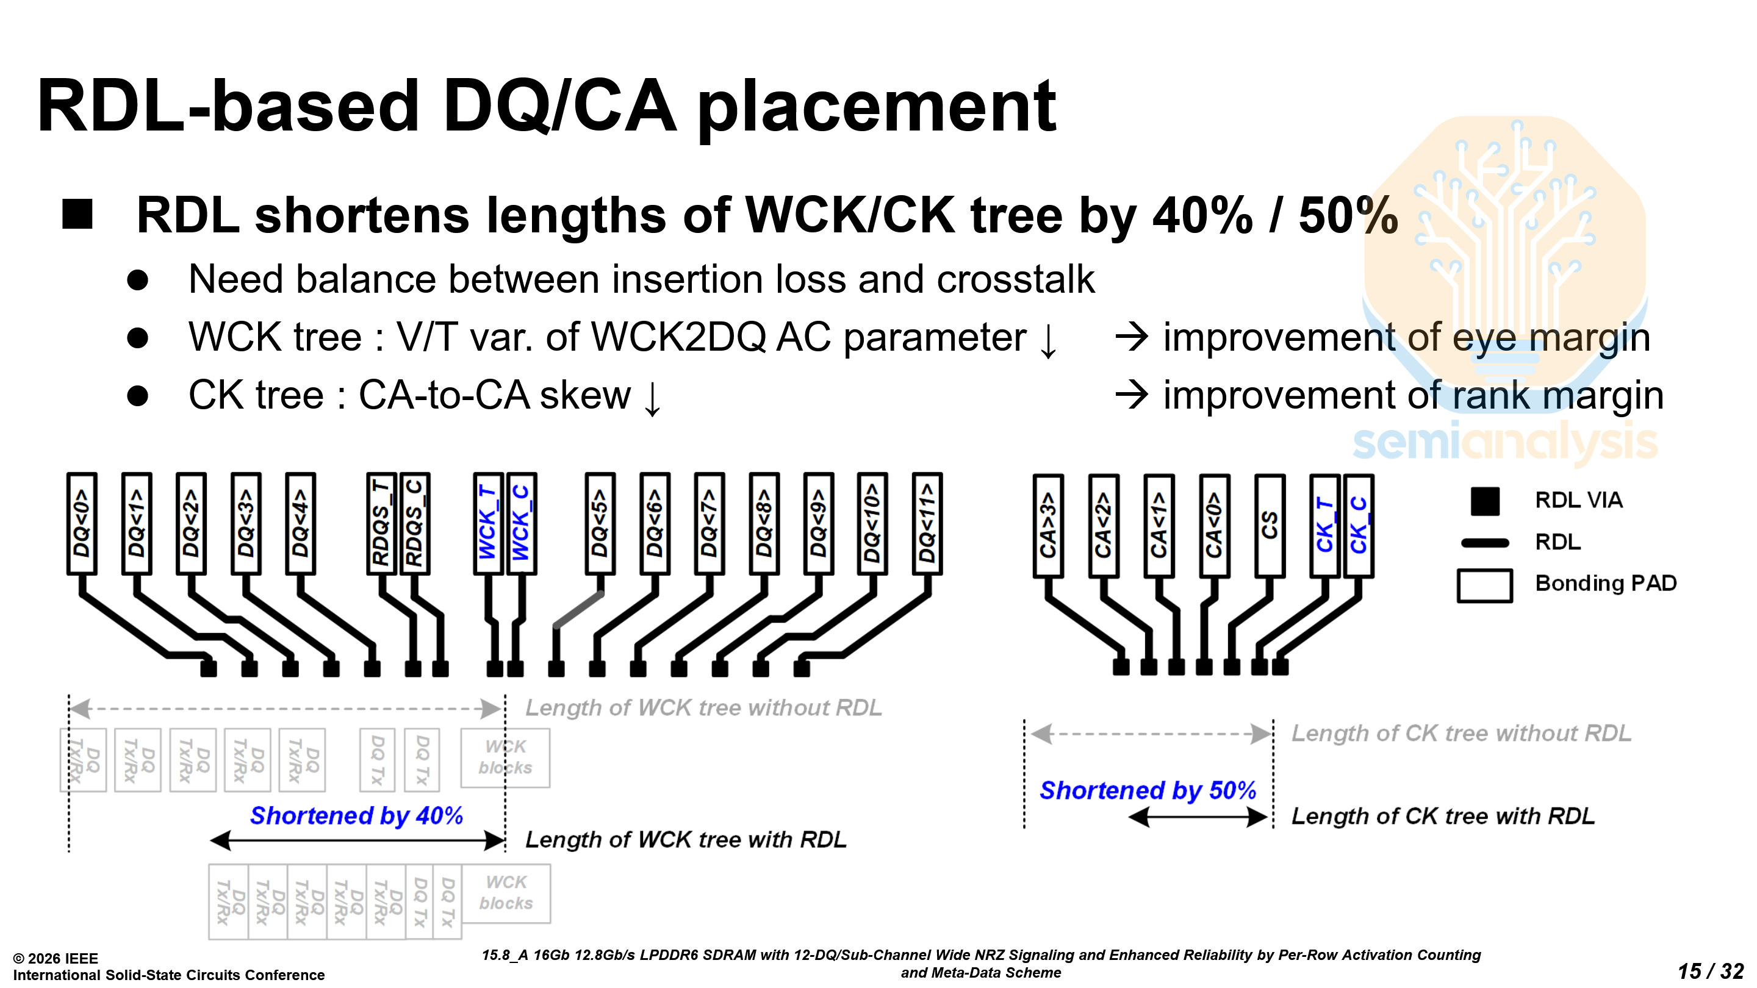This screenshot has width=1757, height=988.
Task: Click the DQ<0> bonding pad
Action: click(82, 524)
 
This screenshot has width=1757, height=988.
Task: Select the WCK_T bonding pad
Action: click(488, 524)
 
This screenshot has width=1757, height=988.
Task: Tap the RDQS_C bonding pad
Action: click(415, 524)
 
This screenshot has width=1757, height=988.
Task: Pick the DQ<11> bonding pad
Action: click(927, 524)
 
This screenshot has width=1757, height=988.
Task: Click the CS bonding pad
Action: click(1270, 526)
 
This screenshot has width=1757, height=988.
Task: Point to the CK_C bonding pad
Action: click(1359, 526)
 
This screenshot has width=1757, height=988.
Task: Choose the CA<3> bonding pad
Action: click(1048, 526)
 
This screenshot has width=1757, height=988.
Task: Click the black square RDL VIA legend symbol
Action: click(1485, 501)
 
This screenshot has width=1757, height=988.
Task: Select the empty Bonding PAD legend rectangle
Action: click(1484, 585)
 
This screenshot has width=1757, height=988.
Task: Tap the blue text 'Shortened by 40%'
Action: click(356, 815)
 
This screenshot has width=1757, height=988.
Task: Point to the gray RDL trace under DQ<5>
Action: click(578, 609)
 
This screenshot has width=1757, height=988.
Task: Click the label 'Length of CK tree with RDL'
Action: click(1443, 816)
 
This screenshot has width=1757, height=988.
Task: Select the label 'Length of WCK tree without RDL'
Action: click(703, 707)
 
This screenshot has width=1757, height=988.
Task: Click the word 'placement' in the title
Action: click(877, 108)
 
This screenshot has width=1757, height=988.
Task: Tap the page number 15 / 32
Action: click(1710, 970)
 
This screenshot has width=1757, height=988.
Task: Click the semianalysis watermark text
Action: click(1504, 442)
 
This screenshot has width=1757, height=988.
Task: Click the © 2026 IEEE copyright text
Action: click(56, 958)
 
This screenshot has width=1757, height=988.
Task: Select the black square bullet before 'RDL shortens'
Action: click(77, 214)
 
